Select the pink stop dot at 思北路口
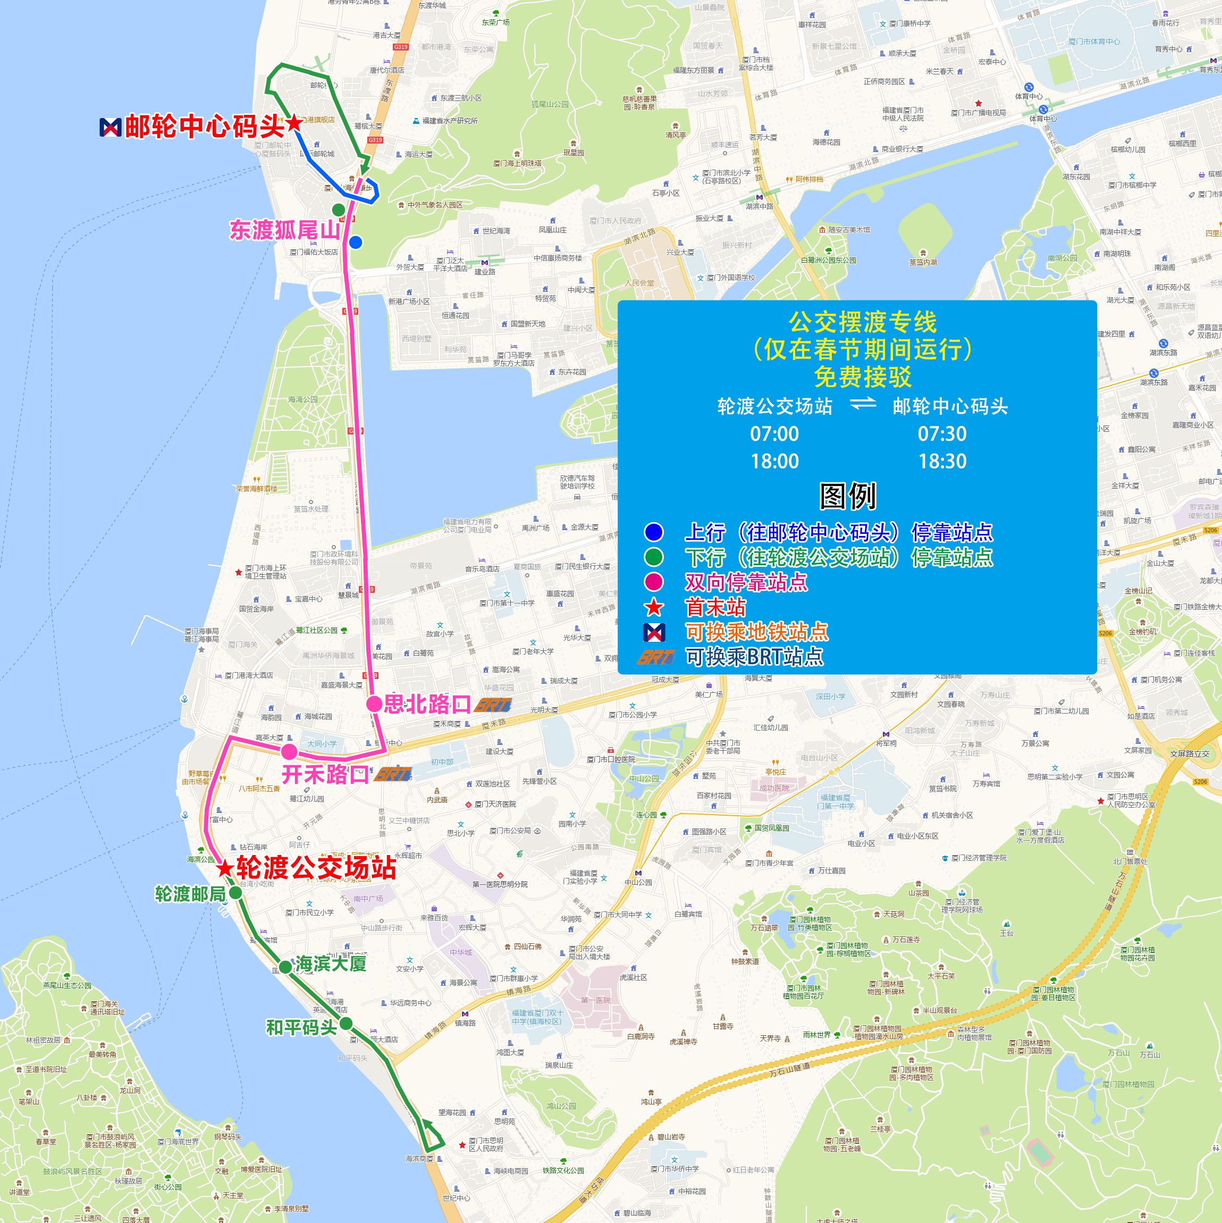point(374,704)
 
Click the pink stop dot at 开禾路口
point(289,751)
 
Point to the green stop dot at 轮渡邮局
point(235,893)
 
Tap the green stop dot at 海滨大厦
point(285,967)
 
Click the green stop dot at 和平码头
point(345,1024)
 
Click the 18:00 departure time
point(774,462)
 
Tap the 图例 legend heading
point(847,496)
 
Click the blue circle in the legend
point(654,532)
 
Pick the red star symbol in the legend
point(654,608)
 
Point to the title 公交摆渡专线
point(862,322)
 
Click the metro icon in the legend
point(654,632)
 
